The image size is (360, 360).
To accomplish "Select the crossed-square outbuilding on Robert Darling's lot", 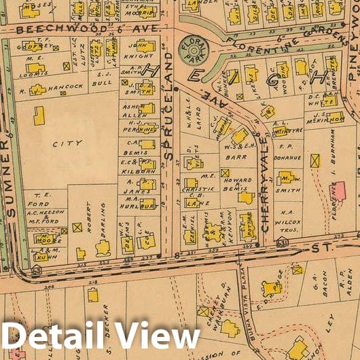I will [x=77, y=227].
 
